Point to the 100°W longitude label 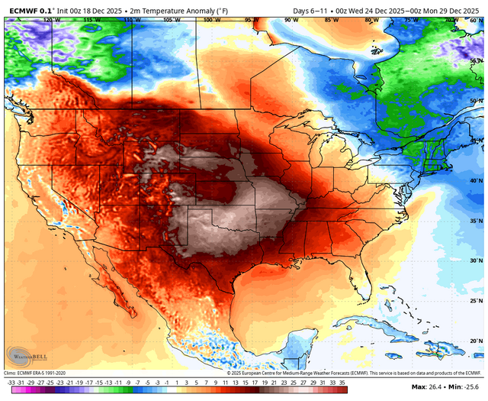click(x=207, y=20)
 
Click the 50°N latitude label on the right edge click(x=474, y=101)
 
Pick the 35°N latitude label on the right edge click(x=474, y=221)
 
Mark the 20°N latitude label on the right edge click(x=474, y=341)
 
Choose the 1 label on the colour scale click(x=177, y=380)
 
